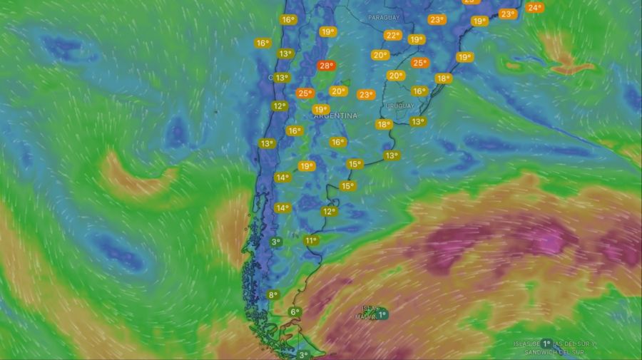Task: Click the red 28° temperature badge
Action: [x=326, y=66]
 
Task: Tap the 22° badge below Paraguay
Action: [x=392, y=35]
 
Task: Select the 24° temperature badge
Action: [x=534, y=8]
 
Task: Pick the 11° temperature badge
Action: [x=311, y=240]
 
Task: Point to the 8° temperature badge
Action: [x=272, y=294]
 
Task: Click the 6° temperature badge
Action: [x=295, y=312]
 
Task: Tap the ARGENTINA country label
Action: [x=335, y=115]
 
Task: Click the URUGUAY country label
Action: [x=399, y=106]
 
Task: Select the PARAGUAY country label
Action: [x=384, y=16]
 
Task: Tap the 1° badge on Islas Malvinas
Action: [x=382, y=314]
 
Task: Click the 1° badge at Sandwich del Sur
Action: [x=546, y=343]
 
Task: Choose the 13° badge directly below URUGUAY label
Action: [x=417, y=121]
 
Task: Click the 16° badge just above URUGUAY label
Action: [x=419, y=91]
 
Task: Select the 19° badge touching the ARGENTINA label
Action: [x=320, y=109]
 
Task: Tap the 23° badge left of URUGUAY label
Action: [x=366, y=94]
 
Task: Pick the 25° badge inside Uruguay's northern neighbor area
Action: [x=419, y=63]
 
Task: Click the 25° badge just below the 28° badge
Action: [x=305, y=93]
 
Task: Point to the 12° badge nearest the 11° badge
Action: [x=329, y=211]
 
